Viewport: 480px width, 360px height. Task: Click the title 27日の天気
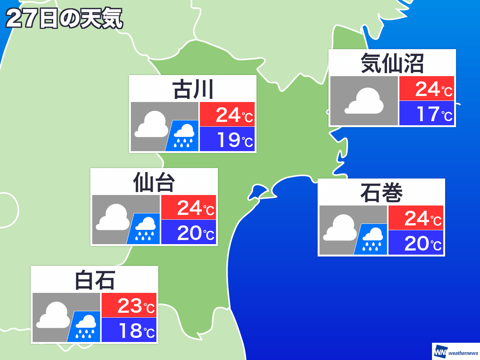point(64,18)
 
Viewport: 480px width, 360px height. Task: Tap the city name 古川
point(193,89)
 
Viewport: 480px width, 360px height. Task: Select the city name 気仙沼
point(392,63)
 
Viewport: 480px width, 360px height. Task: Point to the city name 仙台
point(154,182)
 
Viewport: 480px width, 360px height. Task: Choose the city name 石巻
point(381,193)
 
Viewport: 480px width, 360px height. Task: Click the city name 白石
point(94,280)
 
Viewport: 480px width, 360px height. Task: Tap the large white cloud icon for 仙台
point(113,217)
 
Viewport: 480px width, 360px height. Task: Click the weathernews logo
point(456,352)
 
